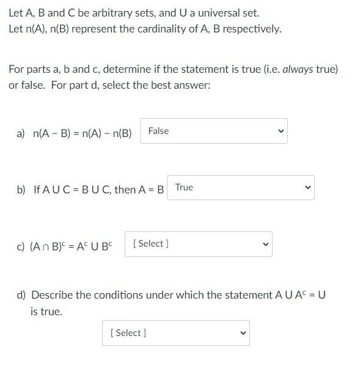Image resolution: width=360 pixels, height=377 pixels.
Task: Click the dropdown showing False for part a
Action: click(x=213, y=131)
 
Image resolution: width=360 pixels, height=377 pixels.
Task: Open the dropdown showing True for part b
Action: click(x=240, y=187)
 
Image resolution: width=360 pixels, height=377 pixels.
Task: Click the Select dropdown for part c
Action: click(x=198, y=244)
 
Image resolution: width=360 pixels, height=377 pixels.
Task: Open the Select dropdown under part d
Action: click(x=175, y=333)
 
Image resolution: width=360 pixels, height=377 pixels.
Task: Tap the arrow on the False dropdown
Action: click(x=281, y=131)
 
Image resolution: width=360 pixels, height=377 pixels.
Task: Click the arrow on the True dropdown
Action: click(x=307, y=187)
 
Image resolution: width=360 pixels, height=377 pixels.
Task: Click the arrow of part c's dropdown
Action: click(x=265, y=244)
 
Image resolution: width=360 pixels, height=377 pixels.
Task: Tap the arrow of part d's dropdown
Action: click(x=243, y=333)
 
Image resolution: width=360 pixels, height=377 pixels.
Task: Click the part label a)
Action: click(x=21, y=133)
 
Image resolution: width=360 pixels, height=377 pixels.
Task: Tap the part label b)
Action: click(x=21, y=190)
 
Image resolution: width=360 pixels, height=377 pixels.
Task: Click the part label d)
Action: click(x=21, y=295)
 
